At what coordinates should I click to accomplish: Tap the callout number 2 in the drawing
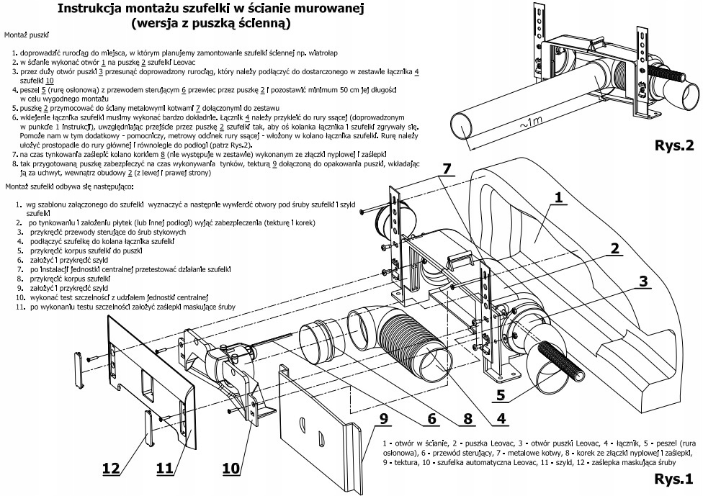614,249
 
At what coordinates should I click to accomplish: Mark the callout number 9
384,418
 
